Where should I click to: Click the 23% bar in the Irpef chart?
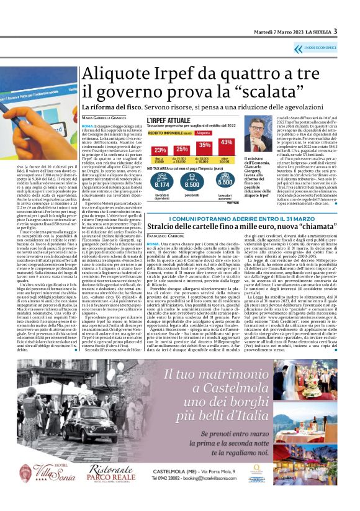pyautogui.click(x=160, y=150)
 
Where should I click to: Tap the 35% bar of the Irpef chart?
pyautogui.click(x=204, y=145)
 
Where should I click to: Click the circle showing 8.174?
pyautogui.click(x=161, y=184)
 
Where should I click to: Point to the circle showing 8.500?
pyautogui.click(x=192, y=184)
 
